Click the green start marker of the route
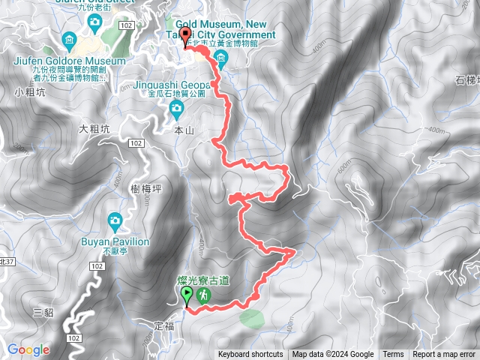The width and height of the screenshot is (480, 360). tap(186, 297)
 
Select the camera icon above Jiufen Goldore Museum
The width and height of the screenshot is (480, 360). tap(70, 40)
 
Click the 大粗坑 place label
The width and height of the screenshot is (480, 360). tap(94, 128)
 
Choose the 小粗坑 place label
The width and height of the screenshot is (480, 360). tap(26, 93)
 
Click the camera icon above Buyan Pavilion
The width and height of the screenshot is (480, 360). tap(115, 220)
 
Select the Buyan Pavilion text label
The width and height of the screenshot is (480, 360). tap(115, 242)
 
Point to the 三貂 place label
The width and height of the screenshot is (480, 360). tap(44, 313)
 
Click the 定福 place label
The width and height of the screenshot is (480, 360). tap(163, 325)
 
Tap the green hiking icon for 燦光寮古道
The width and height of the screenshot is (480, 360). tap(203, 297)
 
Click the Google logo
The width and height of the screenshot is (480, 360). tap(28, 349)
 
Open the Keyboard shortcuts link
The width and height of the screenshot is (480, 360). tap(250, 355)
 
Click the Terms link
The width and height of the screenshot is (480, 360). tap(393, 355)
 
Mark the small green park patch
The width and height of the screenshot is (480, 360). tap(252, 318)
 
